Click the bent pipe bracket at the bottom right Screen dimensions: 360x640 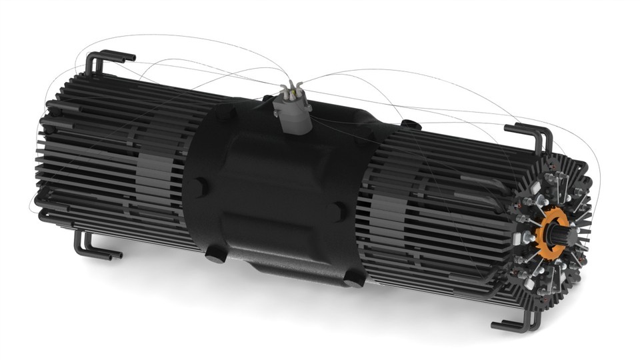(517, 324)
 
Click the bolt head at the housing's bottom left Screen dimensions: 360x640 (215, 253)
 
